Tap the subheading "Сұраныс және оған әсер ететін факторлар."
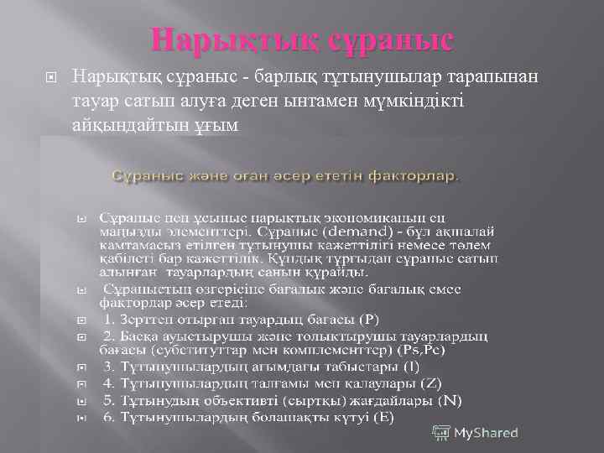287,177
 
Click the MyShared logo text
486,433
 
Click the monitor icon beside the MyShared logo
440,433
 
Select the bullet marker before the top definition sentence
53,79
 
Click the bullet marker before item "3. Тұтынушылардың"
81,367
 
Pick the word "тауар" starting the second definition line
91,102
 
